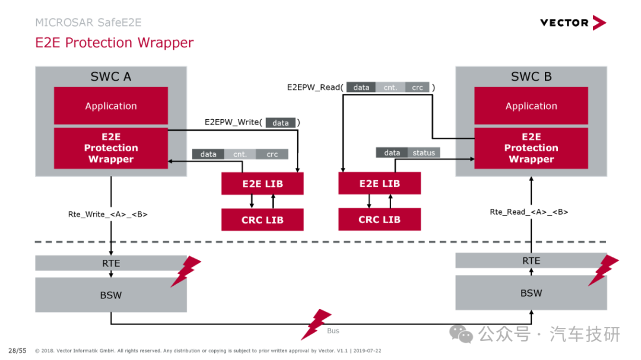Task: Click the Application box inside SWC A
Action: [x=111, y=106]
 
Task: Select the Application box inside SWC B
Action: [x=531, y=106]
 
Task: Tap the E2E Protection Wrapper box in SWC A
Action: [x=111, y=148]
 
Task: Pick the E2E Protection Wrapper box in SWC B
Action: [x=531, y=148]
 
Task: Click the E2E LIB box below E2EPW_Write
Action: [x=262, y=183]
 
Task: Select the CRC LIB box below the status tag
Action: [x=379, y=219]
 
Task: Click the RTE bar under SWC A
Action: [x=111, y=263]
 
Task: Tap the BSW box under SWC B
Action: [x=531, y=292]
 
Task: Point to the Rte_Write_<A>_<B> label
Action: [x=107, y=214]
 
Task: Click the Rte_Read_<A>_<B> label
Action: [x=529, y=212]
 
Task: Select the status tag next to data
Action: [x=424, y=153]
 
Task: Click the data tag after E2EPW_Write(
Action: [x=280, y=123]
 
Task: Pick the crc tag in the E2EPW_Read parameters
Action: [x=417, y=87]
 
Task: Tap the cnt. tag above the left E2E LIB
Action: [x=240, y=154]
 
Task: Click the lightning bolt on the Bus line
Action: [x=316, y=324]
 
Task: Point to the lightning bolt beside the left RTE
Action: [x=186, y=271]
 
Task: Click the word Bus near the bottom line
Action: [x=333, y=330]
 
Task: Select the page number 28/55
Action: [x=17, y=351]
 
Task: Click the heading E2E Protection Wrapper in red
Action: [x=115, y=43]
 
